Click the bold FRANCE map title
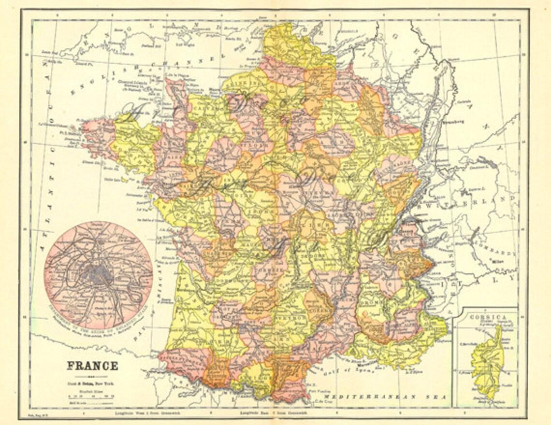[x=92, y=366]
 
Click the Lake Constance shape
[x=483, y=163]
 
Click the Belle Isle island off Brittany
[x=125, y=180]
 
